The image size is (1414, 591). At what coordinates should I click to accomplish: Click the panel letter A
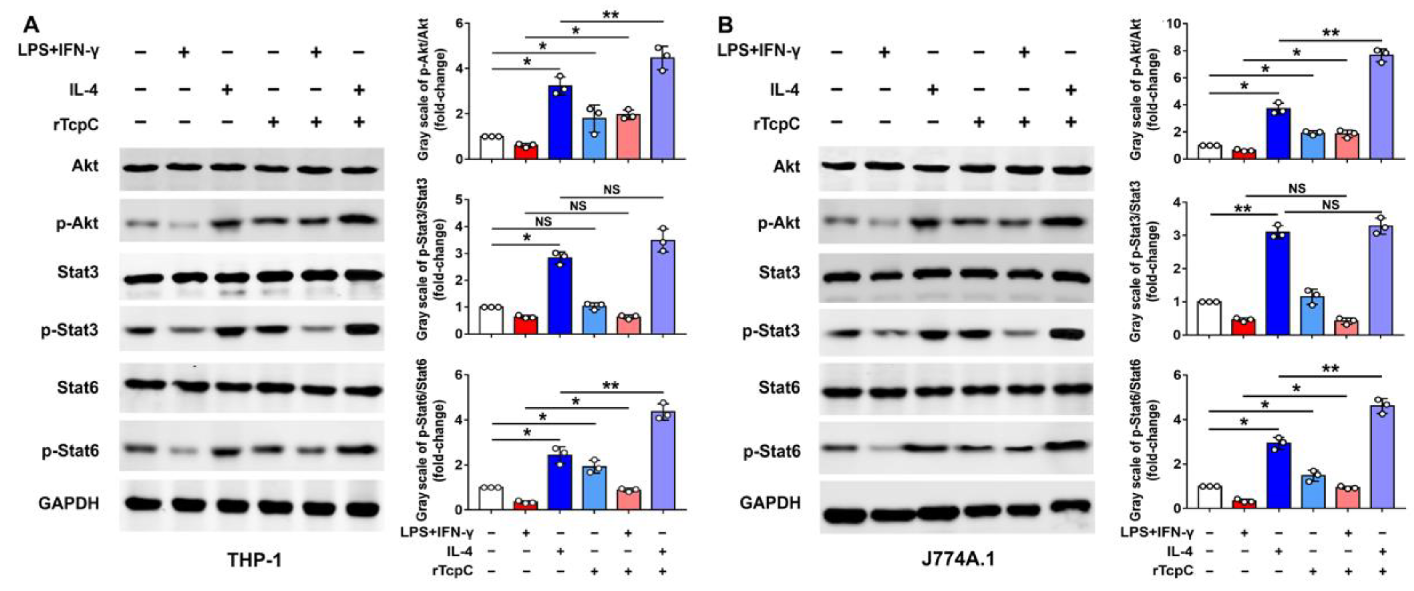coord(31,25)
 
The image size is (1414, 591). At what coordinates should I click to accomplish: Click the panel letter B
coord(726,25)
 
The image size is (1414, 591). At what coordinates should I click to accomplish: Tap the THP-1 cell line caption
coord(254,560)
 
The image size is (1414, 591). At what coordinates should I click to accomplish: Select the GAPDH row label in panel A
coord(69,503)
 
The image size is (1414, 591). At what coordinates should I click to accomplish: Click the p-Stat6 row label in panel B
coord(772,452)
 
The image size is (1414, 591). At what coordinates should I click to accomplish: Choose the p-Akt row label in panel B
coord(779,223)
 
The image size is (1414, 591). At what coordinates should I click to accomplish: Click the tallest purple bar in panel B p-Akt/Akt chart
coord(1382,107)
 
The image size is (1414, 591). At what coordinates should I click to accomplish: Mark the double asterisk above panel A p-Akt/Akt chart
coord(611,14)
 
